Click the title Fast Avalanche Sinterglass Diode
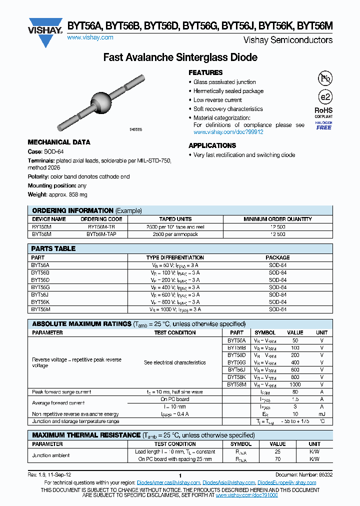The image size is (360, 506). tap(180, 57)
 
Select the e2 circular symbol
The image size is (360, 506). tap(324, 97)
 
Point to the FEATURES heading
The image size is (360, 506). tap(205, 72)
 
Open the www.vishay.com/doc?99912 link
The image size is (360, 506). tap(228, 132)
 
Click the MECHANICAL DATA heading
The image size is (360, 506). tap(59, 142)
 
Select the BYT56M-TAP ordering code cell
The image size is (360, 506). tap(101, 233)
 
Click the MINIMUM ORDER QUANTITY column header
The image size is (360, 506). tap(277, 219)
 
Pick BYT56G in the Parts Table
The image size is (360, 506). tap(40, 287)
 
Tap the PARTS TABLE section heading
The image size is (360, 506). tap(53, 248)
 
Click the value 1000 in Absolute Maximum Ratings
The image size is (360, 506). tap(295, 384)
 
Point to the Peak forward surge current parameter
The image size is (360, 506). tap(61, 392)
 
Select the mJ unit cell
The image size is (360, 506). tap(322, 414)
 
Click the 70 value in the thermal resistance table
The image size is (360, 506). tap(277, 459)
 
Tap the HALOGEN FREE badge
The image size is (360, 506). tap(324, 125)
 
